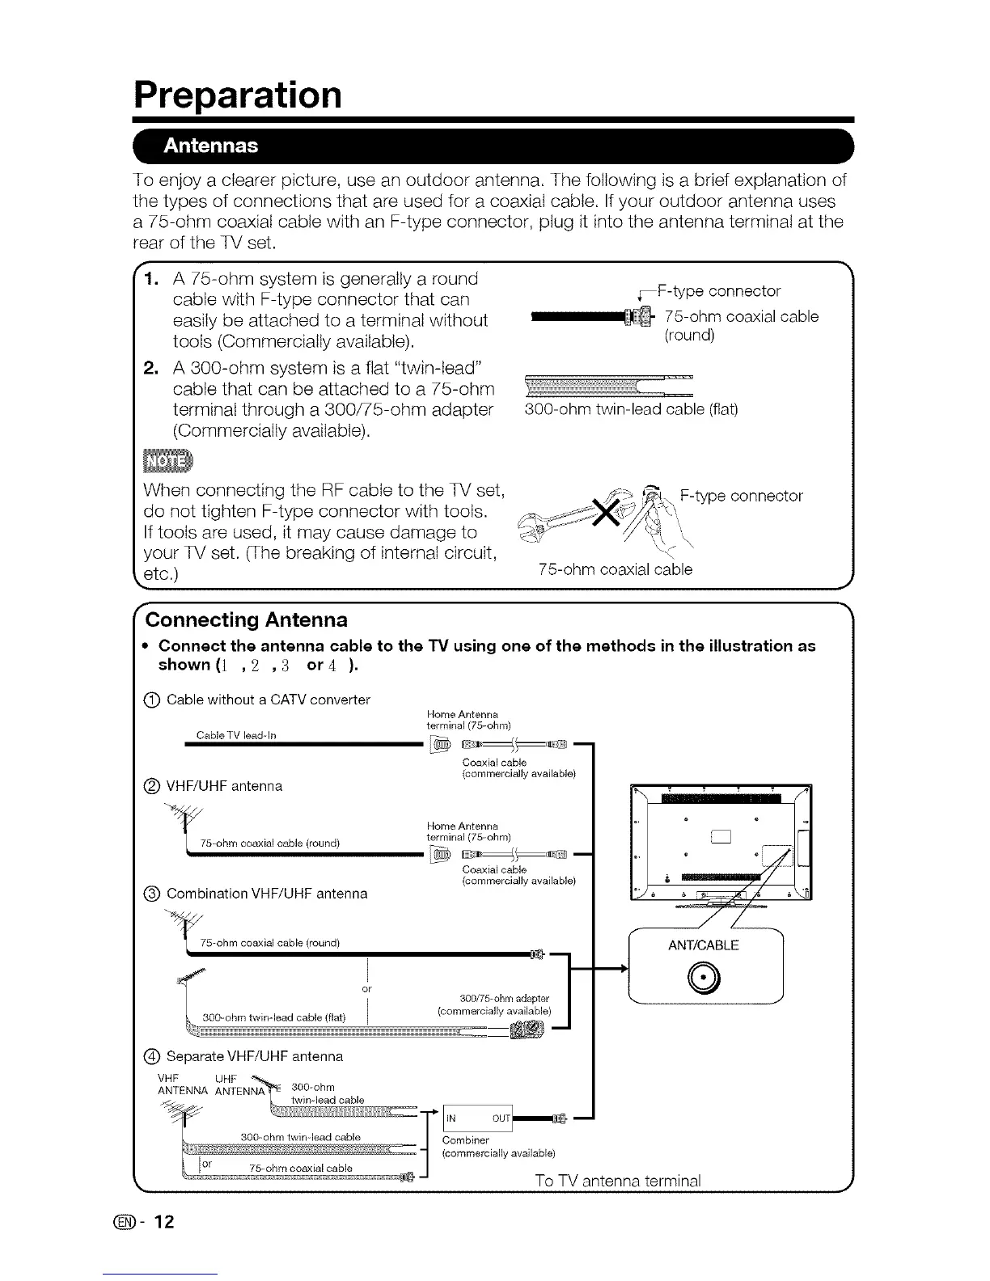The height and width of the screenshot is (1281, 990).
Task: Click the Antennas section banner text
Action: [x=211, y=146]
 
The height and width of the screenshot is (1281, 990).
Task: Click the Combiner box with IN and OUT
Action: [x=479, y=1118]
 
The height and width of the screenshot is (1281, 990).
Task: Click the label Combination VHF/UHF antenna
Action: [x=267, y=894]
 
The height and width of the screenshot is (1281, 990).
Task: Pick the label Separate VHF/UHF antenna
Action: [x=254, y=1056]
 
